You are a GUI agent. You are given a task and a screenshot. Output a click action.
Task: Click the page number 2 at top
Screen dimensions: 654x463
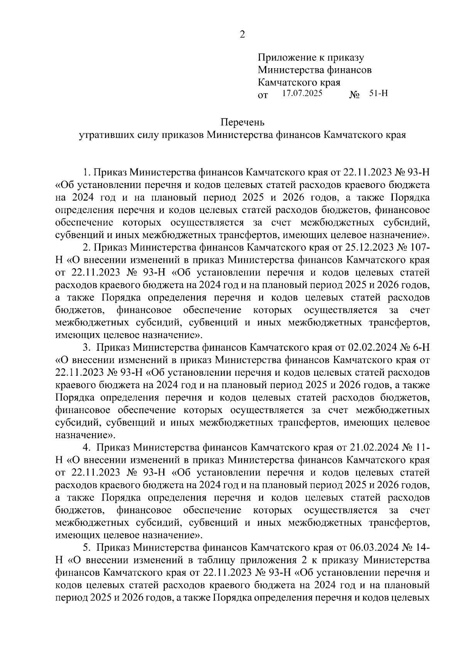point(242,35)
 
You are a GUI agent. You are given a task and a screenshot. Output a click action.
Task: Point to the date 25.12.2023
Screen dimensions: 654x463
point(369,247)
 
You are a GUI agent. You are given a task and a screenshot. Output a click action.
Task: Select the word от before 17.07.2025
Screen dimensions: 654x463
point(263,96)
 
